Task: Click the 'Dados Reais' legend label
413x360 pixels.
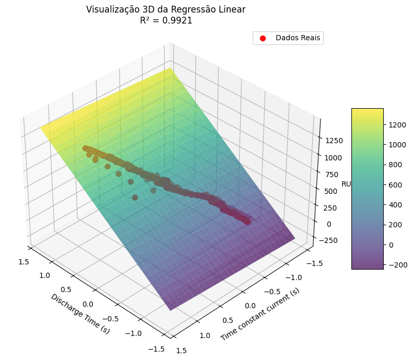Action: click(x=298, y=38)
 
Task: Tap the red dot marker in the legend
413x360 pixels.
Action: click(x=263, y=38)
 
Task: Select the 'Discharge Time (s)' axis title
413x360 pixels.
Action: click(x=80, y=313)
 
